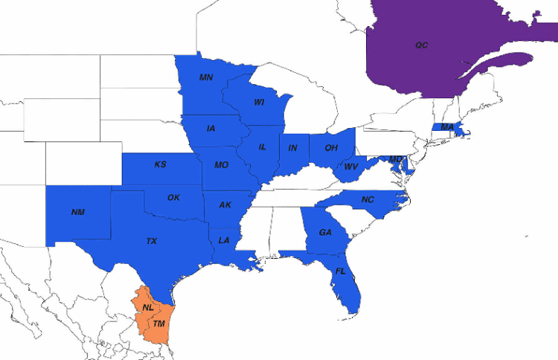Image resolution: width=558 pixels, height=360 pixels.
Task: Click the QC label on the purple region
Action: (x=422, y=45)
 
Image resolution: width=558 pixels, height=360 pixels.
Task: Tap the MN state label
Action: (x=206, y=77)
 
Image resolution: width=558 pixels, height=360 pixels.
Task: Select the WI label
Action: (x=259, y=102)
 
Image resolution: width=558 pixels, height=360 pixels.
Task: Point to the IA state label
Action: (x=211, y=129)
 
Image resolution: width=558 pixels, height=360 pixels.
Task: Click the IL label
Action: (x=263, y=147)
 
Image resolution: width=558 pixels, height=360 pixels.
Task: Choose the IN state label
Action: (x=293, y=148)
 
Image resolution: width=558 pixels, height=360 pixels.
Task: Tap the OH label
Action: (x=331, y=148)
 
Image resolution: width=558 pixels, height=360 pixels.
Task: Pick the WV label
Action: (x=351, y=167)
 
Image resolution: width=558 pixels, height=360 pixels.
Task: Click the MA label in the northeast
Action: (x=447, y=127)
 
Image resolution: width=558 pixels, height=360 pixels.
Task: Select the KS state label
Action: (x=160, y=164)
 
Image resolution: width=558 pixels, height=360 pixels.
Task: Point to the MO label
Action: (x=221, y=165)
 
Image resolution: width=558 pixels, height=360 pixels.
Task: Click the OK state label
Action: (x=173, y=198)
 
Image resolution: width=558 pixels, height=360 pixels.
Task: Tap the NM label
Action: (x=78, y=212)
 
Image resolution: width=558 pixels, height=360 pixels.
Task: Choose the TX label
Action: (x=151, y=241)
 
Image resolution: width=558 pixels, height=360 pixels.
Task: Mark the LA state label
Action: (x=224, y=240)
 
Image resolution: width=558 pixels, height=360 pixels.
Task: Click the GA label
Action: (x=325, y=233)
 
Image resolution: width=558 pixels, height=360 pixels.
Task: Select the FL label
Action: (x=340, y=271)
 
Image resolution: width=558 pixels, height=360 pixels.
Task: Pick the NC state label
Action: (x=368, y=200)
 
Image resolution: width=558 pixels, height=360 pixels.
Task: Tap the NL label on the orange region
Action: (x=148, y=308)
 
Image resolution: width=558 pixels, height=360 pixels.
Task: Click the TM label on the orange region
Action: (x=158, y=324)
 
